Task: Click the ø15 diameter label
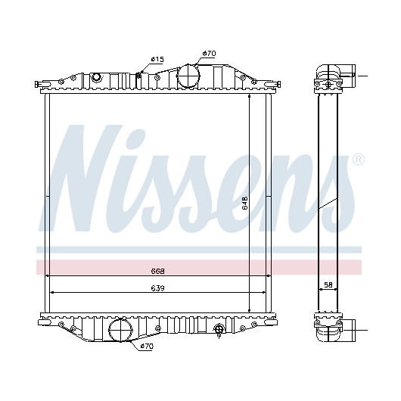coord(157,60)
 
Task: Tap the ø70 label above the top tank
coord(209,54)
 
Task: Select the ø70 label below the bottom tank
coord(147,347)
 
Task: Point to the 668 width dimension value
coord(157,271)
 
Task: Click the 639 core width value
coord(157,288)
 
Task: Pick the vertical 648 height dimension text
coord(244,203)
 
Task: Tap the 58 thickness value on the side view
coord(328,285)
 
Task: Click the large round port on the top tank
coord(188,76)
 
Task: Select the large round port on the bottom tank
coord(120,330)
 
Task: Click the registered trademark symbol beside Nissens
coord(359,160)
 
